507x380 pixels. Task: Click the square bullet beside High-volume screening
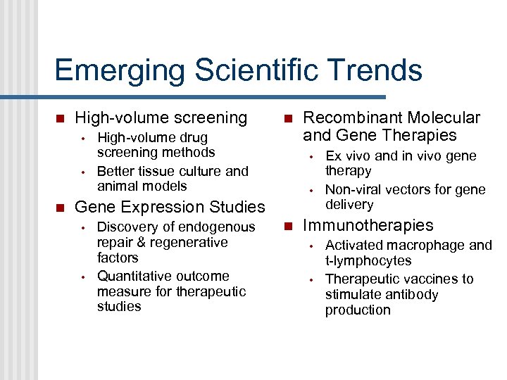tap(60, 118)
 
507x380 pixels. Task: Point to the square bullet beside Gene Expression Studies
tap(60, 208)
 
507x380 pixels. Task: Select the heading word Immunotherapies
tap(368, 225)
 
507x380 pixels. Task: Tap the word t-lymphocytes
tap(368, 260)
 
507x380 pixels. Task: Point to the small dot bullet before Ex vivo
tap(311, 156)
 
